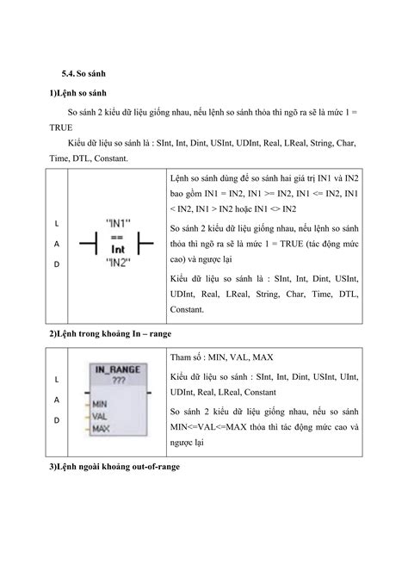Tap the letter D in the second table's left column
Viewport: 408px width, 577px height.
[58, 420]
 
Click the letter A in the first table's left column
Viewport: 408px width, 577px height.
[58, 245]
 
